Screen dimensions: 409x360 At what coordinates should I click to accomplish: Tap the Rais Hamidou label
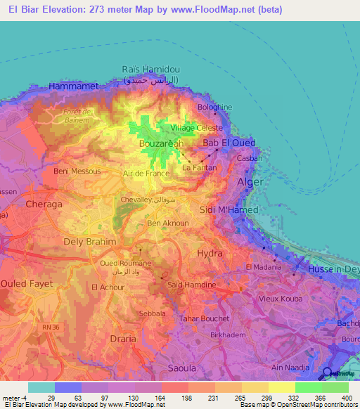tap(150, 69)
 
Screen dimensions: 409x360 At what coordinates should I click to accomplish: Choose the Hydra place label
tap(210, 252)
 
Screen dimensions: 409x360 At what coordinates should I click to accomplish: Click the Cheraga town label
tap(44, 204)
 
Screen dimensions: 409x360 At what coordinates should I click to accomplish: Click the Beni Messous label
tap(77, 171)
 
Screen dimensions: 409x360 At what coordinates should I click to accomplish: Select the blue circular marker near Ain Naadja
tap(328, 373)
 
